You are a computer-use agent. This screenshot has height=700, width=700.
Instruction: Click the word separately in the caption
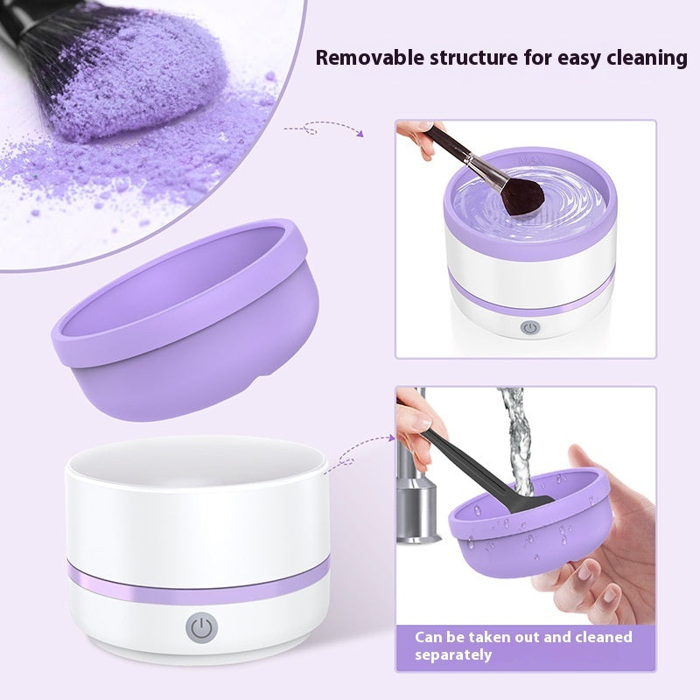coord(453,654)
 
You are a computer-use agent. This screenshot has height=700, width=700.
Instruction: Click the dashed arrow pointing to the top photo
coord(324,129)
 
